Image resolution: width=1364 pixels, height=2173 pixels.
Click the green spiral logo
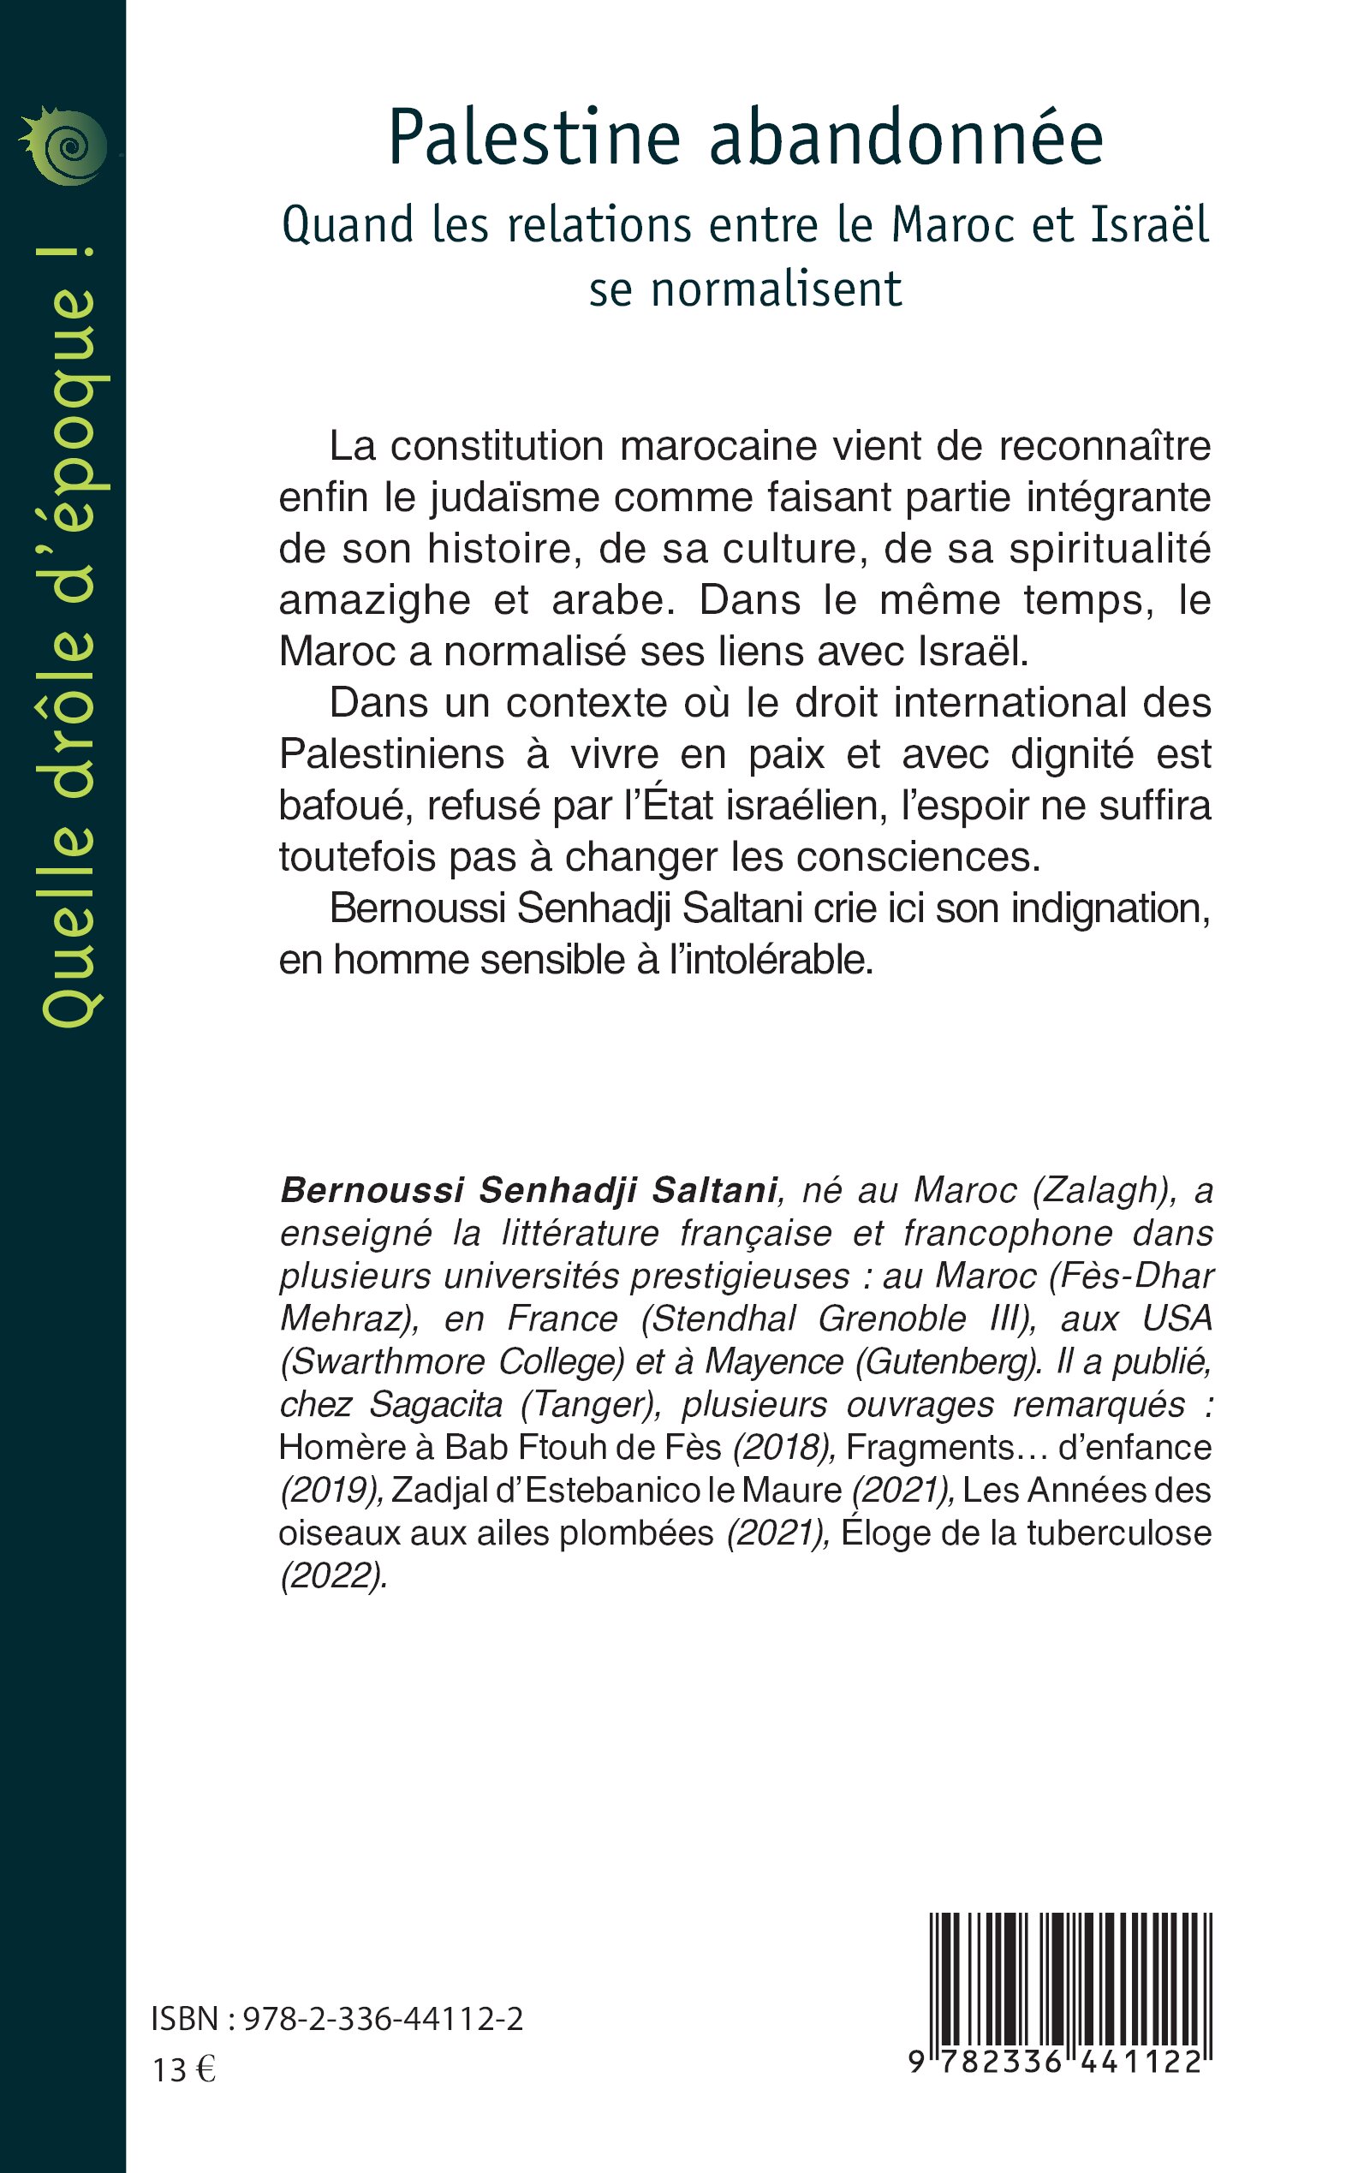click(63, 146)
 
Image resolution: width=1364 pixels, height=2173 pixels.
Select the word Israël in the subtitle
click(1149, 224)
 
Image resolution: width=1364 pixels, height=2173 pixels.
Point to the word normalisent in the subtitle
click(776, 289)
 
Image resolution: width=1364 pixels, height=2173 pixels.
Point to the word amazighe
click(374, 601)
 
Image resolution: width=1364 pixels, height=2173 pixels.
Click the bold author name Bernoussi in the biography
click(371, 1191)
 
